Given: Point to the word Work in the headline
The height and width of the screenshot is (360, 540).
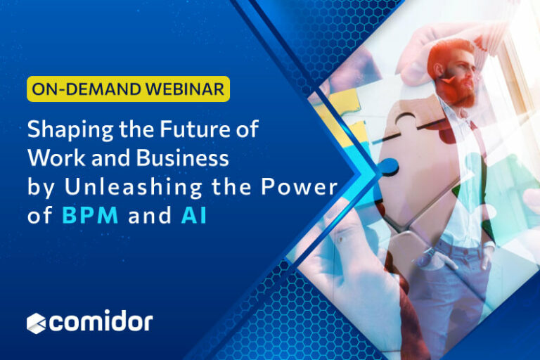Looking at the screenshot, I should click(x=50, y=159).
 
